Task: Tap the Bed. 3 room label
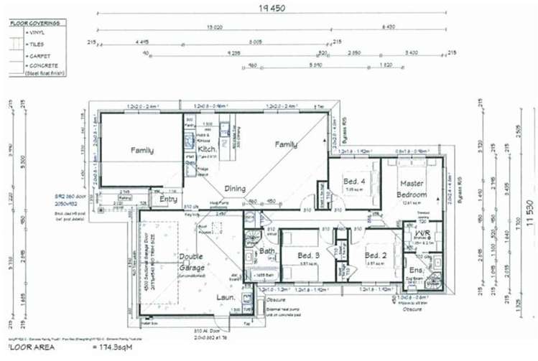pyautogui.click(x=308, y=255)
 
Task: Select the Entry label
pyautogui.click(x=168, y=199)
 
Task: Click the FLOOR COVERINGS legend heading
pyautogui.click(x=34, y=23)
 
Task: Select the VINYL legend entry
pyautogui.click(x=36, y=33)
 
